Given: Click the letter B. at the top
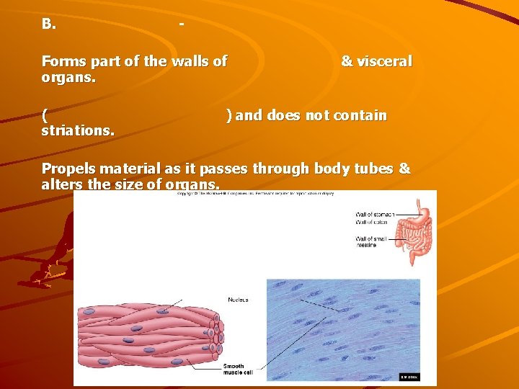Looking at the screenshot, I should [x=48, y=24].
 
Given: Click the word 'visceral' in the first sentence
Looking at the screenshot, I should [x=384, y=62].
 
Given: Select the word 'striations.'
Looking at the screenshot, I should [x=78, y=131].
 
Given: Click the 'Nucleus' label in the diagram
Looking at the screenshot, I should [x=238, y=299].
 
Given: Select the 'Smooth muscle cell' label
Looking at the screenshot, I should [x=239, y=370].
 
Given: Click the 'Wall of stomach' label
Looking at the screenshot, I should [x=375, y=214].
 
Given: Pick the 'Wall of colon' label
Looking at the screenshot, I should [x=371, y=222].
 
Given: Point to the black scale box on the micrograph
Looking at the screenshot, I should [x=409, y=376].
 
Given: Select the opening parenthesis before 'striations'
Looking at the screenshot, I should [x=45, y=116].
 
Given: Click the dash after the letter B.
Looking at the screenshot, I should [x=181, y=24].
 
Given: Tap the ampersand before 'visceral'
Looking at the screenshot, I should [x=347, y=62].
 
